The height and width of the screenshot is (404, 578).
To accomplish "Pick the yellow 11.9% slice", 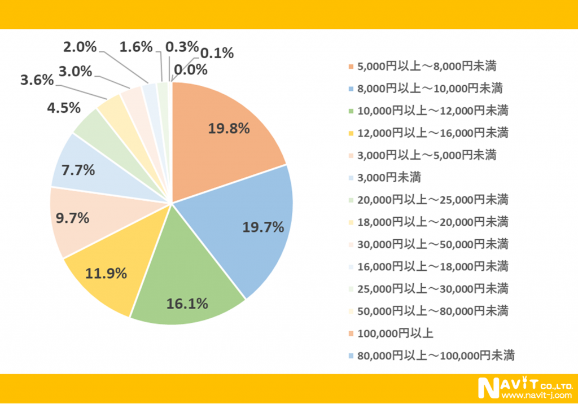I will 113,271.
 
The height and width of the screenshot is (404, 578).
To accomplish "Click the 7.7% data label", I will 78,169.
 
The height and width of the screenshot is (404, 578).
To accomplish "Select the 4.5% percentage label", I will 64,107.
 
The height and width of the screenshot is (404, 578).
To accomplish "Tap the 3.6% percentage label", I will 37,80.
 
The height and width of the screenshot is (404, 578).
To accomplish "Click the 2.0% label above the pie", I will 80,47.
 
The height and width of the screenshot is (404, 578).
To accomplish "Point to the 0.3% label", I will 182,47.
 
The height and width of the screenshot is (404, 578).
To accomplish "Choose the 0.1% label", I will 217,54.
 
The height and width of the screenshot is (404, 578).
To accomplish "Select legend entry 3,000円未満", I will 389,177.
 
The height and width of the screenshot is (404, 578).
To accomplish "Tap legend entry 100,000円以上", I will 396,333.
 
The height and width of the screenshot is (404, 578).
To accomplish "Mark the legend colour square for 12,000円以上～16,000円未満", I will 352,133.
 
